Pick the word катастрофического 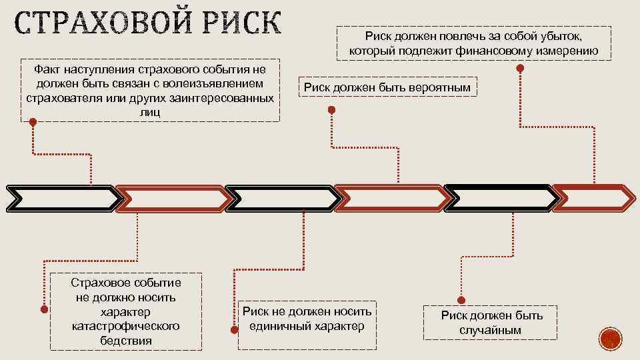tap(125, 326)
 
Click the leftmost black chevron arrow tap(63, 198)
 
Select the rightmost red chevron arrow tap(595, 197)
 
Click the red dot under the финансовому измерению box tap(520, 68)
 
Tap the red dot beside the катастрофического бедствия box tap(43, 309)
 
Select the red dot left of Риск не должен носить tap(233, 329)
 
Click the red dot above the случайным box tap(460, 300)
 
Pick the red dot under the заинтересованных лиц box tap(32, 123)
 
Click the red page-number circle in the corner tap(609, 339)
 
